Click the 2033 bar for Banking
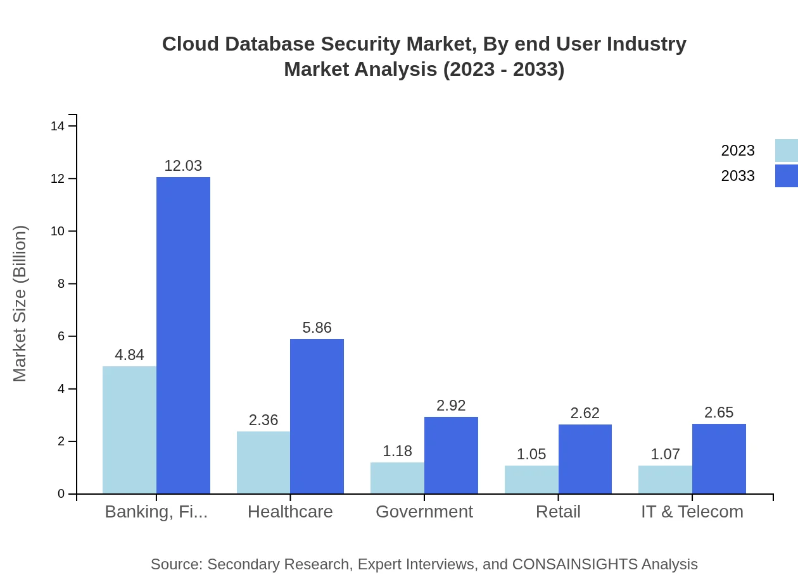tap(183, 335)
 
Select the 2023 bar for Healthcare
tap(263, 462)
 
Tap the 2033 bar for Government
tap(451, 455)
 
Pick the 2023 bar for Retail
tap(531, 480)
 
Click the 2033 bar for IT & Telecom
tap(719, 459)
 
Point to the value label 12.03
tap(183, 166)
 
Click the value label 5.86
tap(317, 328)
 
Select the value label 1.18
tap(397, 451)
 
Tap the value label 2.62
tap(585, 413)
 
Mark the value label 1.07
tap(665, 454)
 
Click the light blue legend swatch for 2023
tap(786, 151)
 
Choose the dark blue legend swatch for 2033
tap(786, 176)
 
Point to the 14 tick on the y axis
tap(58, 127)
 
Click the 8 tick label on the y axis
tap(61, 284)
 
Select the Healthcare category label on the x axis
tap(290, 512)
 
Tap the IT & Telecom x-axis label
tap(692, 512)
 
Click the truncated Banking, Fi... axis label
tap(156, 512)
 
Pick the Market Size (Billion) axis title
tap(20, 304)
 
